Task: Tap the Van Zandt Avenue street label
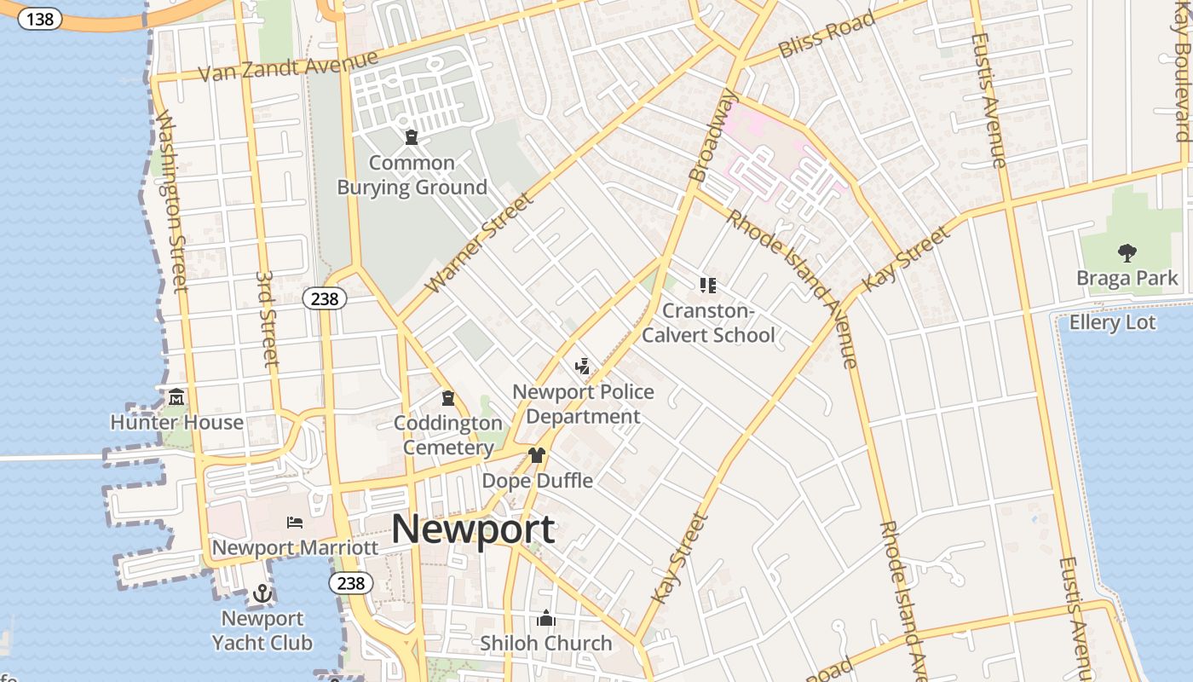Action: (x=287, y=66)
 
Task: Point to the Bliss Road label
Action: (x=827, y=34)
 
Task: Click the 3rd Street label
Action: (x=268, y=319)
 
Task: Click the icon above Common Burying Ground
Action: (x=412, y=136)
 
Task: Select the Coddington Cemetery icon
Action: (x=447, y=398)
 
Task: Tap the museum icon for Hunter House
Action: (x=176, y=396)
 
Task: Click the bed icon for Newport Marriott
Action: (x=295, y=522)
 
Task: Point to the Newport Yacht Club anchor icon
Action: (x=262, y=592)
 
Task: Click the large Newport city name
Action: (x=473, y=529)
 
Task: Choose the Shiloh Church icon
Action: (x=546, y=618)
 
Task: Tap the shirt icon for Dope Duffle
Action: (x=537, y=455)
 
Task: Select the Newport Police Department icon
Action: (x=583, y=367)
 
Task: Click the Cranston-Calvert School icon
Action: (x=708, y=285)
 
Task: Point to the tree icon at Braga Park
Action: (x=1127, y=252)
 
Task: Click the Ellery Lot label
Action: (x=1112, y=323)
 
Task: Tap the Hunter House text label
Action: (x=176, y=422)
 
